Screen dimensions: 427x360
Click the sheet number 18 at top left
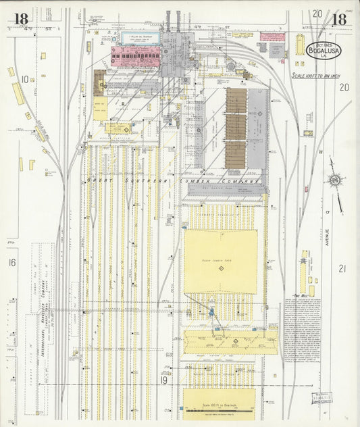[x=19, y=19]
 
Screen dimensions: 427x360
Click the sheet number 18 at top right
[x=339, y=19]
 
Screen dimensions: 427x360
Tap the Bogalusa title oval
[x=324, y=49]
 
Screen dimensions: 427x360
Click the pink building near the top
[x=135, y=55]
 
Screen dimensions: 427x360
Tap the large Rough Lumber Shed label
[x=220, y=259]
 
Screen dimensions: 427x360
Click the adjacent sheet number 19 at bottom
[x=163, y=380]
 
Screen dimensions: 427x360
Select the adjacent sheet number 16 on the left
[x=11, y=262]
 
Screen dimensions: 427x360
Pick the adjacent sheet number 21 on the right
[x=342, y=268]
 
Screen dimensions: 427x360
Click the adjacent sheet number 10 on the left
[x=24, y=80]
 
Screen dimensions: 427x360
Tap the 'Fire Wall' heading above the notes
[x=300, y=295]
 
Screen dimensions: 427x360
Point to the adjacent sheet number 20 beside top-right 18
[x=317, y=13]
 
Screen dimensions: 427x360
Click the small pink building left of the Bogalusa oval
[x=272, y=36]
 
